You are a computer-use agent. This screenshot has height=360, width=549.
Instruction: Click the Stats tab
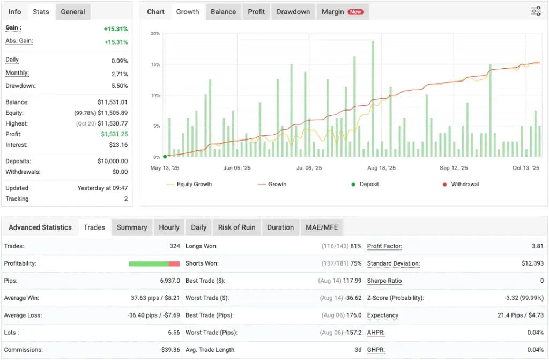(41, 12)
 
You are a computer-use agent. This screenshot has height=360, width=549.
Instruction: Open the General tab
(73, 12)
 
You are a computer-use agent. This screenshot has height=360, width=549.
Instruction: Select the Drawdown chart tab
(293, 12)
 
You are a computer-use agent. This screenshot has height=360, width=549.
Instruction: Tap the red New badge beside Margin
(355, 12)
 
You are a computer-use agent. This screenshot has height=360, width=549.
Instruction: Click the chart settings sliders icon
(536, 11)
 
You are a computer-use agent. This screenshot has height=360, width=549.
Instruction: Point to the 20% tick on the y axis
(155, 33)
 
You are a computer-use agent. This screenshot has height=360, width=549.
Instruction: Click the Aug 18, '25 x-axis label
(381, 168)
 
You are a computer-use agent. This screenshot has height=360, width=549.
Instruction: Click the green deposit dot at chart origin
(165, 157)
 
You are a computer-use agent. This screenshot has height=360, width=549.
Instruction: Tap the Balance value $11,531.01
(112, 102)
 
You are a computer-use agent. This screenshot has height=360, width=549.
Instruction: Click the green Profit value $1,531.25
(114, 134)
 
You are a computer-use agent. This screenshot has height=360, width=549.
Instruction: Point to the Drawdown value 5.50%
(119, 86)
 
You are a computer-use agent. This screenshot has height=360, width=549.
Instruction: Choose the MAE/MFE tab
(321, 227)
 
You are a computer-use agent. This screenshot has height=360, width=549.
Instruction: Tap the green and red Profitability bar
(154, 263)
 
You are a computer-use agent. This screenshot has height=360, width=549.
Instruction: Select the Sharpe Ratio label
(384, 281)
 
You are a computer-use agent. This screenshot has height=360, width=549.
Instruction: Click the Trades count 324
(175, 246)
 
